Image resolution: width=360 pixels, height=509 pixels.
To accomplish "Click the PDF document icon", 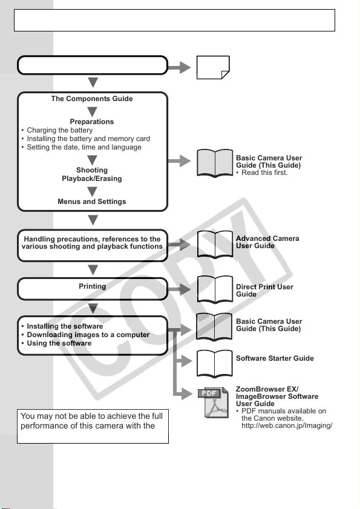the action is pos(213,402).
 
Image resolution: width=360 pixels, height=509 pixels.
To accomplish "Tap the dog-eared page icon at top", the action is pos(213,67).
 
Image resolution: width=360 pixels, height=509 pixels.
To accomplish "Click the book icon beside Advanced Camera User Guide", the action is pos(215,244).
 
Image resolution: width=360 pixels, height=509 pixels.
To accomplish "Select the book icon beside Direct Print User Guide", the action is pos(215,289).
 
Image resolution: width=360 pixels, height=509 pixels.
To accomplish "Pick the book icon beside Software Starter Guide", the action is pos(215,363).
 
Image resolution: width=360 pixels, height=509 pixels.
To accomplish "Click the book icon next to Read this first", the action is pos(215,163).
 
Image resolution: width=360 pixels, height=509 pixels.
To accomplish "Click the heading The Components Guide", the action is pos(92,99).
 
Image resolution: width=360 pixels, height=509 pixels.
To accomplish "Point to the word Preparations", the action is pos(92,122).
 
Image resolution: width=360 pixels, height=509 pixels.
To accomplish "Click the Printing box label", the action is pos(92,286).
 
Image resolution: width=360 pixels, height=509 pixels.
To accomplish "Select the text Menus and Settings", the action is pos(92,202).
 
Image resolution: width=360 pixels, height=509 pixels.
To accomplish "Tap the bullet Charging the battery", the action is pos(57,130).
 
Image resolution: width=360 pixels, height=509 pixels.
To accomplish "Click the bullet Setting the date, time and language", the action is pos(82,147).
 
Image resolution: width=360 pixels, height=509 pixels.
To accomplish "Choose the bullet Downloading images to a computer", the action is pos(85,335).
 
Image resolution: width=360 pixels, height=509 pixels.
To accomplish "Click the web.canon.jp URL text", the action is pos(287,425).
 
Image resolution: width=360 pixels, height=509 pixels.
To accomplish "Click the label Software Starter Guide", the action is pos(275,358).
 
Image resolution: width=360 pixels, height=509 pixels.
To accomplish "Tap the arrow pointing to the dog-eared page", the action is pos(179,68).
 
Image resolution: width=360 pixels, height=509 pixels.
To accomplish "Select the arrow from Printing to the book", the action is pos(179,289).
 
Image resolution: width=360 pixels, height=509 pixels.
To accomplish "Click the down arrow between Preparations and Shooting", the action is pos(92,160).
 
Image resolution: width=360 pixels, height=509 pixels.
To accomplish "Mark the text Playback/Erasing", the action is pos(92,179).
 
